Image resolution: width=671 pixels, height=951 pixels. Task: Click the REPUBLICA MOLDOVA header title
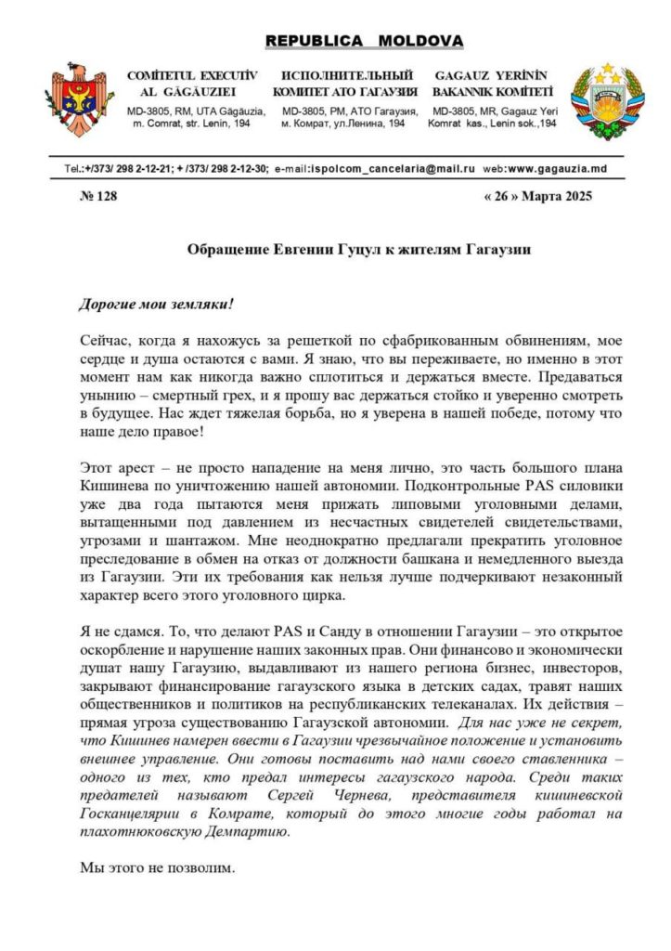click(364, 42)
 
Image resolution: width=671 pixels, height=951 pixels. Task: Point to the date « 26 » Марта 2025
click(536, 196)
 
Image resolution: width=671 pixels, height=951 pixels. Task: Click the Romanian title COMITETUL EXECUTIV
click(191, 75)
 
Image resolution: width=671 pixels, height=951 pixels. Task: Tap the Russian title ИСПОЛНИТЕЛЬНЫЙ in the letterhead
click(345, 75)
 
